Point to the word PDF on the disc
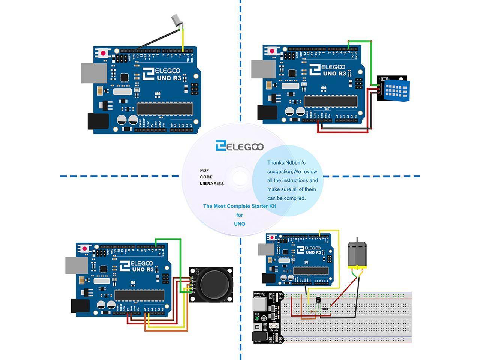pyautogui.click(x=204, y=171)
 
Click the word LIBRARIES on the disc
pyautogui.click(x=211, y=184)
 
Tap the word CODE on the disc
pyautogui.click(x=206, y=177)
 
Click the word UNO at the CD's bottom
pyautogui.click(x=240, y=224)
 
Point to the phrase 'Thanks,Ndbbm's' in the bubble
pyautogui.click(x=286, y=163)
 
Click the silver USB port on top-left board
pyautogui.click(x=91, y=73)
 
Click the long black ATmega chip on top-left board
pyautogui.click(x=165, y=108)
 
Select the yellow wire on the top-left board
pyautogui.click(x=183, y=37)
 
